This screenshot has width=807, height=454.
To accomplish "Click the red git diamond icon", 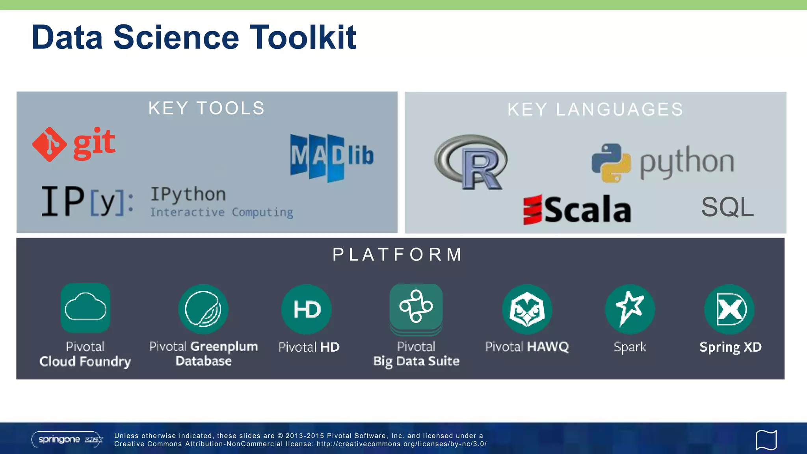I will pos(49,144).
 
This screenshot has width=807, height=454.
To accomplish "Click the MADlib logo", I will pos(332,157).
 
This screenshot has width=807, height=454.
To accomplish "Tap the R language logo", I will pos(471,162).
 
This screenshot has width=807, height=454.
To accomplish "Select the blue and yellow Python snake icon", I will pos(611,163).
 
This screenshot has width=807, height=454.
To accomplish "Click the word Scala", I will pos(587,210).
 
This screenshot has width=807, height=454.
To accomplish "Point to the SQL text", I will pos(727,207).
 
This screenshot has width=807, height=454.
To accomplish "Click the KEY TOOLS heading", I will pos(206,108).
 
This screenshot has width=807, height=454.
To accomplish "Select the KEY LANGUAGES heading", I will pos(595,110).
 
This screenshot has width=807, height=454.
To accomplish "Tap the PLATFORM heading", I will pos(397,255).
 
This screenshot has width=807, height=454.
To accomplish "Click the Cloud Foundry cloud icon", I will pos(86,308).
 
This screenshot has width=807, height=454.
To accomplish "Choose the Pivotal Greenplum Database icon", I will pos(203,309).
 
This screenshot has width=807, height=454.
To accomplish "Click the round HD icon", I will pos(307,309).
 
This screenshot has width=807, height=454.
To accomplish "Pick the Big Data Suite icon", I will pos(416,307).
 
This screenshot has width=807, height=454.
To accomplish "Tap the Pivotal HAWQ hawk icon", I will pos(527,309).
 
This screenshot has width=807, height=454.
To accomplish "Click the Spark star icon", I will pos(630,309).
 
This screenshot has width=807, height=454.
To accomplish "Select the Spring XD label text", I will pos(730,347).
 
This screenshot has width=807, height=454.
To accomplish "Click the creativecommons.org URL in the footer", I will pos(402,444).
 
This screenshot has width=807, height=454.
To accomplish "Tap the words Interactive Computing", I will pos(221,212).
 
